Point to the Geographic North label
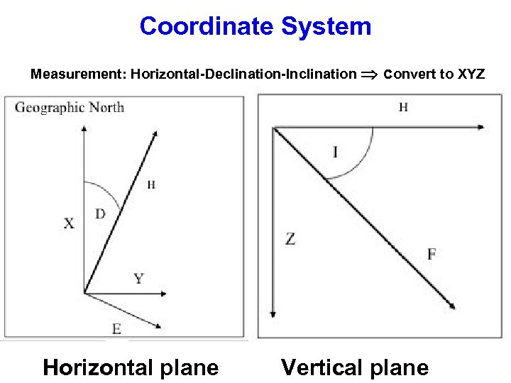coord(69,108)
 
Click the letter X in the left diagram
coord(68,223)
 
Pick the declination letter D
coord(100,213)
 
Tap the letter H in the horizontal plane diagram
coord(151,185)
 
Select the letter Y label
coord(138,278)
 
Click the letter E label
coord(116,328)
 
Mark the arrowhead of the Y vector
coord(163,293)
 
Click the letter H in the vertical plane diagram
coord(403,108)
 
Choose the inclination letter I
coord(335,152)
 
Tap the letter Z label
coord(290,239)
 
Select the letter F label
coord(432,253)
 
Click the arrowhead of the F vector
coord(451,307)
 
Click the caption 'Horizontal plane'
coord(131,367)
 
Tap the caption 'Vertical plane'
coord(355,367)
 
